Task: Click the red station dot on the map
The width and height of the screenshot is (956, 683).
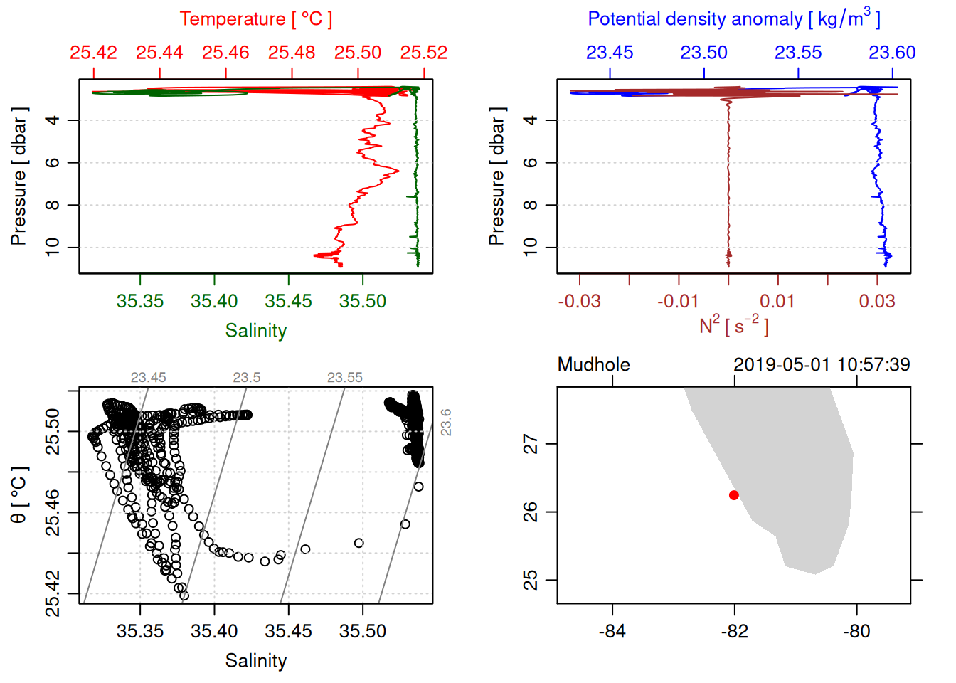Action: (x=734, y=495)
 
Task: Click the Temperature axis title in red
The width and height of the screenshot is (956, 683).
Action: (x=255, y=19)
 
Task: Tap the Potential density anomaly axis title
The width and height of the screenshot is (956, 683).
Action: (x=733, y=19)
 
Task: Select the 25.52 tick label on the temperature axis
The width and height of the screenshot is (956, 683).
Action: (x=424, y=53)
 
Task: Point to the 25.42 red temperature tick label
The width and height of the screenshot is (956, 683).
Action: (x=93, y=53)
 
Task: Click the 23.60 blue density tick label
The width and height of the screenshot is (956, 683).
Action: (x=892, y=53)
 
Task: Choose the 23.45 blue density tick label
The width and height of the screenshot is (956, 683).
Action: (x=610, y=53)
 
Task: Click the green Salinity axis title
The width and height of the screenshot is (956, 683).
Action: (x=256, y=331)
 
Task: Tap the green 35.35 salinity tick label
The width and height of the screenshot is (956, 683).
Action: (x=140, y=301)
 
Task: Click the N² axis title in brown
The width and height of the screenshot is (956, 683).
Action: (x=733, y=326)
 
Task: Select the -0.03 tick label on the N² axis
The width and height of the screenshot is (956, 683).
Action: (x=579, y=301)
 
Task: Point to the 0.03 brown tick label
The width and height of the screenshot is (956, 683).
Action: (x=877, y=301)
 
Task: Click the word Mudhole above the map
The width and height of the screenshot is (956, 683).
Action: (x=593, y=365)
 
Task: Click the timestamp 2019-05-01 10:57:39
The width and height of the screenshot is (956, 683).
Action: (x=822, y=365)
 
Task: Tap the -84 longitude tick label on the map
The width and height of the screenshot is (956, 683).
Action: (x=612, y=631)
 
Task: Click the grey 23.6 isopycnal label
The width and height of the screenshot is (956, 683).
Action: (x=445, y=422)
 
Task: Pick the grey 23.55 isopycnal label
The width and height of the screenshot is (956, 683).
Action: (x=344, y=378)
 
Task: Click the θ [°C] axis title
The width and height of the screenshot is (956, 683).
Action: (x=19, y=495)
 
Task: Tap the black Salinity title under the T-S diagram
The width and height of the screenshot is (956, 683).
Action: (x=256, y=661)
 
